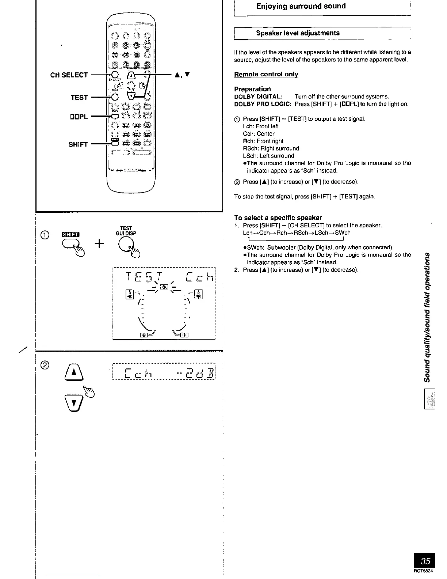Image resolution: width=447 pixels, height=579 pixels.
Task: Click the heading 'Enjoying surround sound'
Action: (301, 6)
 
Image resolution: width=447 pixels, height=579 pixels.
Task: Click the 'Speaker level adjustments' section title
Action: (298, 33)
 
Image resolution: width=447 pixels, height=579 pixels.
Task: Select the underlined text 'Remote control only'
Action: (266, 74)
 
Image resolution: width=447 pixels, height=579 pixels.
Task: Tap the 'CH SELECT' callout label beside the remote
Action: (69, 75)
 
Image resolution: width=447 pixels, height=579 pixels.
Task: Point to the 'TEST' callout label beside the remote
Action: (79, 97)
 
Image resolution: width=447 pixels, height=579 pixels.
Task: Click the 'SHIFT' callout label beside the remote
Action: (78, 144)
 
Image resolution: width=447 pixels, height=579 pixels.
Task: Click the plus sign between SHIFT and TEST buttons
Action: (99, 243)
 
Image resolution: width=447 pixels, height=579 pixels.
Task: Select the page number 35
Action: (425, 561)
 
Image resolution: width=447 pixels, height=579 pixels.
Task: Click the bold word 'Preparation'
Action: (252, 89)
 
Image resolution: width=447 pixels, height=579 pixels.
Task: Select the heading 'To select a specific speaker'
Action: (278, 217)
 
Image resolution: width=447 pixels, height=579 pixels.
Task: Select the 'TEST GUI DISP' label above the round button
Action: (126, 231)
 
